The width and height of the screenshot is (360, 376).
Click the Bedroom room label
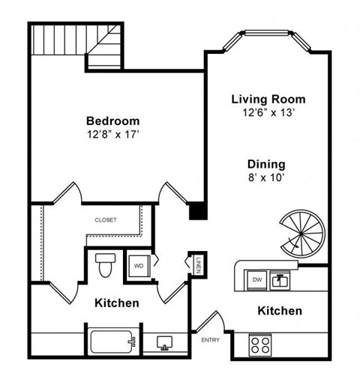(x=112, y=121)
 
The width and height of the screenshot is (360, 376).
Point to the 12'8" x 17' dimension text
(x=112, y=136)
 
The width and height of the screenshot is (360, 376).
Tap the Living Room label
(x=268, y=99)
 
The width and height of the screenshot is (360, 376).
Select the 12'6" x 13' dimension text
(x=268, y=113)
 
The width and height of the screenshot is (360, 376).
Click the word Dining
(x=266, y=164)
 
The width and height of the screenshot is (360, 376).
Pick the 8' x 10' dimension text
(x=266, y=178)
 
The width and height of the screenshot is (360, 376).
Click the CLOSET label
(x=105, y=219)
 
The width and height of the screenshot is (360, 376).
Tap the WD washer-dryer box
(x=139, y=265)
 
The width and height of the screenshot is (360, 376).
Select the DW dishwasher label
(x=256, y=279)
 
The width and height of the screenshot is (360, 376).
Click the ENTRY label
(x=209, y=341)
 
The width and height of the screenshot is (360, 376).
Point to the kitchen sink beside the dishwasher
(x=280, y=280)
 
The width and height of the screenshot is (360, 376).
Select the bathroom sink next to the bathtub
(x=164, y=343)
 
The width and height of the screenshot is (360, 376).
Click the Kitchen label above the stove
(x=280, y=310)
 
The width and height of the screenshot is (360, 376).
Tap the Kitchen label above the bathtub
(x=117, y=303)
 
